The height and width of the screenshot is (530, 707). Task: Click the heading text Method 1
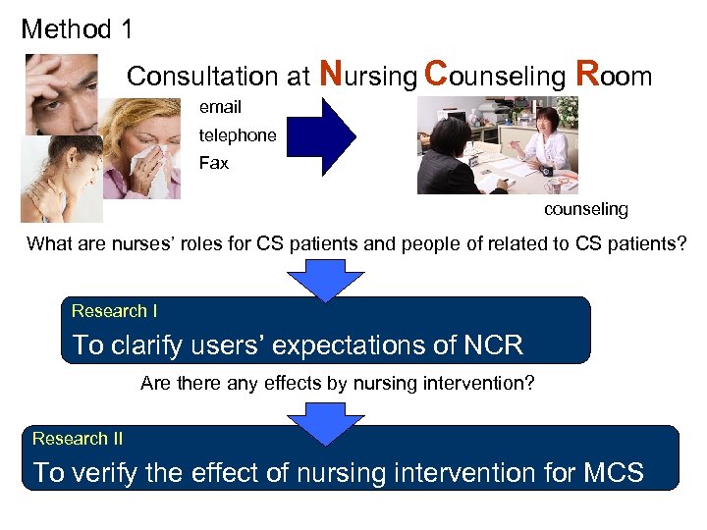pos(77,29)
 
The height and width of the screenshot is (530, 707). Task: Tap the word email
pos(220,107)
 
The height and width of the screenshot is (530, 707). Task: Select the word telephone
pos(238,135)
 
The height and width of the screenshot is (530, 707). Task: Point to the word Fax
pos(213,163)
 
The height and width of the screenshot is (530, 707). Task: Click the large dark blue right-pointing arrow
pos(321,135)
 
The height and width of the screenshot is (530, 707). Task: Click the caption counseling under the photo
pos(586,209)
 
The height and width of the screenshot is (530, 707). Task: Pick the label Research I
pos(114,311)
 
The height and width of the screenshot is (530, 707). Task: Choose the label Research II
pos(78,439)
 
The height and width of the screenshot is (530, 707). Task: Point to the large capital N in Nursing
pos(332,73)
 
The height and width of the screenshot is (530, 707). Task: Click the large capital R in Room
pos(587,73)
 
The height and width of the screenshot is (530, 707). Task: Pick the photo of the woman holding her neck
pos(60,179)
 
